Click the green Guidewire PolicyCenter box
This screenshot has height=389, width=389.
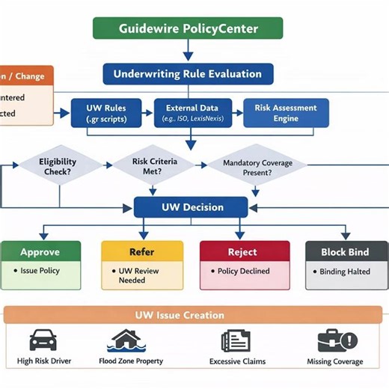188,29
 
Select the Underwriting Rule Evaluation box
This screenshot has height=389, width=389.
188,74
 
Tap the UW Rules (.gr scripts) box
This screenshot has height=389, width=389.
105,113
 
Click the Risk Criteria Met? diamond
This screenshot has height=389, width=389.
146,165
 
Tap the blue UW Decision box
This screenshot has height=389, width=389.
190,207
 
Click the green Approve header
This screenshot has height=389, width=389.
40,252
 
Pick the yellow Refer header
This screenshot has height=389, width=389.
141,252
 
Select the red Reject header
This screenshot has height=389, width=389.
244,252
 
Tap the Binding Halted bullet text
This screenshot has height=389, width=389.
345,272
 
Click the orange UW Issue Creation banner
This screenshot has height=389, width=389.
194,315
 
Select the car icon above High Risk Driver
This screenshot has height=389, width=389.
43,341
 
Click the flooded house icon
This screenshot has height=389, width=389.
131,341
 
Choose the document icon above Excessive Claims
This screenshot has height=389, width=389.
235,341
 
